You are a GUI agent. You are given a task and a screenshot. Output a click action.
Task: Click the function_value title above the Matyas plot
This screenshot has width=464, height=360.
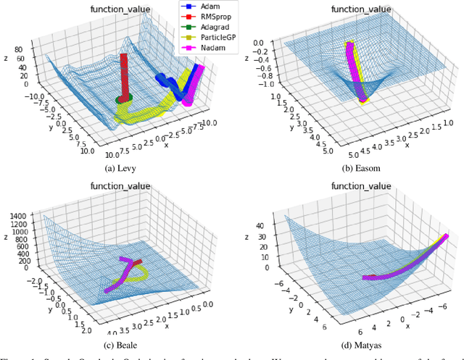tap(360, 186)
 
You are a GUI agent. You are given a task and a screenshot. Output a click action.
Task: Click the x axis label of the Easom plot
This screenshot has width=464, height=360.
tap(407, 144)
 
